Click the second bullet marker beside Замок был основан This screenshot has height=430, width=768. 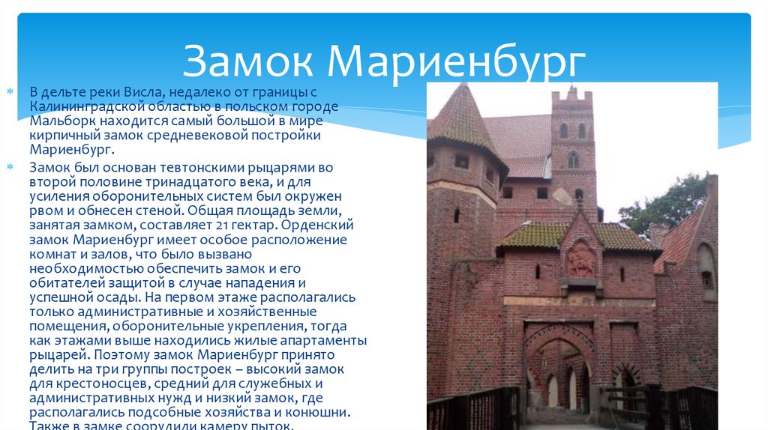tap(10, 166)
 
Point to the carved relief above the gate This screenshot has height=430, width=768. tap(580, 259)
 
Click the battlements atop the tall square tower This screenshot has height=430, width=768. tap(572, 96)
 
